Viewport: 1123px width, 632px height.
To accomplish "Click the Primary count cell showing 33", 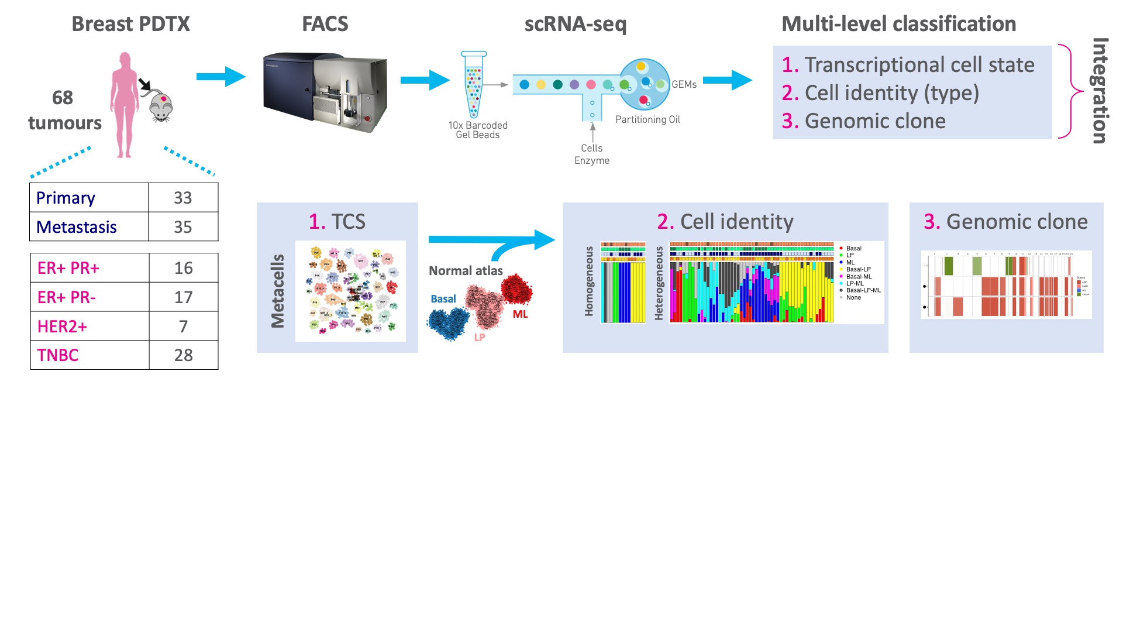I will coord(182,198).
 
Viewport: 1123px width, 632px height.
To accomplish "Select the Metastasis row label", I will coord(77,227).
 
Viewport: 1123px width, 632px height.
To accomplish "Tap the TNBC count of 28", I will coord(183,355).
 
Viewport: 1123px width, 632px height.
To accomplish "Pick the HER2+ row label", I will coord(62,327).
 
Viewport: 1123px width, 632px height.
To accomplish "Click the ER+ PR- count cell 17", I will coord(183,297).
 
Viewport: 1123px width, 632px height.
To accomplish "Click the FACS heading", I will coord(325,24).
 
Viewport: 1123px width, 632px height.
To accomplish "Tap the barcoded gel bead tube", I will coord(474,84).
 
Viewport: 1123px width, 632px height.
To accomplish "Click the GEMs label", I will coord(684,84).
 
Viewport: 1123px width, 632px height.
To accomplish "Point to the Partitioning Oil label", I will coord(647,119).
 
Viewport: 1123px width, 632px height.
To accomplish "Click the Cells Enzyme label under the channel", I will coord(592,154).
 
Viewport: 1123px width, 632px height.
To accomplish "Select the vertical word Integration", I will coord(1100,91).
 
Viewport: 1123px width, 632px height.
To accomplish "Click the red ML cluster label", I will coord(520,314).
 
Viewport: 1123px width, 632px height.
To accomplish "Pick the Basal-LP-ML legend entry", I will coord(863,290).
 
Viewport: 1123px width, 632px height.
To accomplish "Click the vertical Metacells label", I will coord(278,291).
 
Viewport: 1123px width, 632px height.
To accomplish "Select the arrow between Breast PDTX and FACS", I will coord(221,76).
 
